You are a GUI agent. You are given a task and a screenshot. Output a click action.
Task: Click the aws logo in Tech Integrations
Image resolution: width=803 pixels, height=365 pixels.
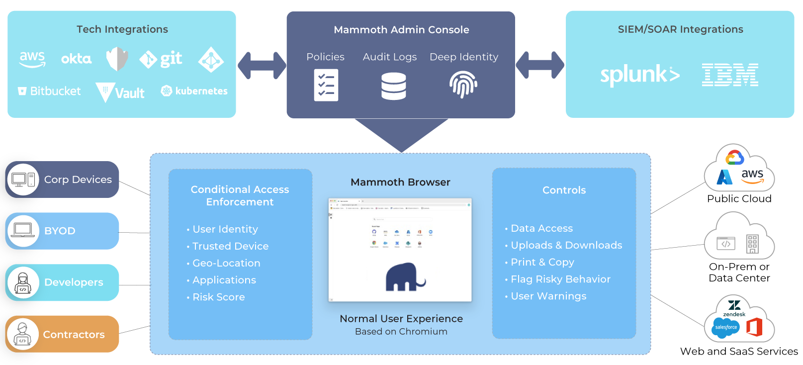(32, 59)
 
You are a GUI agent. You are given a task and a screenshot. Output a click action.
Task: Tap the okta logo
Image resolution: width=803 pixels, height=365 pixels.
(76, 59)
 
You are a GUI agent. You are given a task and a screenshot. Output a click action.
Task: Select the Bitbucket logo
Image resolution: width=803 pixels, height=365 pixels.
(49, 91)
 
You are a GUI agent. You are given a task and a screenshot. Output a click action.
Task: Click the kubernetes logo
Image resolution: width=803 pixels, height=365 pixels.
(194, 91)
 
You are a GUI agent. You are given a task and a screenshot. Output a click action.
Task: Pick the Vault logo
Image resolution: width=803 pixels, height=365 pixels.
(120, 92)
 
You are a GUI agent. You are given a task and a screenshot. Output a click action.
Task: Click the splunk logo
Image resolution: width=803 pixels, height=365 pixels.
(639, 75)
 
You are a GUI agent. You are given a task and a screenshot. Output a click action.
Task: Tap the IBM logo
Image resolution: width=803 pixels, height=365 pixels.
(730, 75)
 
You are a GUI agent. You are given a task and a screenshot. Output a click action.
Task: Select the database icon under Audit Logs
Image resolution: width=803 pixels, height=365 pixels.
(393, 86)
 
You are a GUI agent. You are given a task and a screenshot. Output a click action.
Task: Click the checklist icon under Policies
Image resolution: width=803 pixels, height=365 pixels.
(326, 85)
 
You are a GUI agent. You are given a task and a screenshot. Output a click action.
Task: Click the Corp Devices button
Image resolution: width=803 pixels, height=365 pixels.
(62, 180)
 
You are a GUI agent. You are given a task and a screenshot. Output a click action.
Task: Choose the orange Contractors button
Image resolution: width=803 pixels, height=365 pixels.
(62, 334)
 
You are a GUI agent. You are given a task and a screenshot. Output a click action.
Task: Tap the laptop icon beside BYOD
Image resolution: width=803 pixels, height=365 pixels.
(23, 231)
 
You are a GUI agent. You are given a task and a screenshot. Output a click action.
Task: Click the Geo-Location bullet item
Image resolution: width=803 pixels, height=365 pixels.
(226, 263)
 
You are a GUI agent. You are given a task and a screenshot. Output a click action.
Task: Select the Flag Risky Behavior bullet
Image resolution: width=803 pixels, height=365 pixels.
(560, 279)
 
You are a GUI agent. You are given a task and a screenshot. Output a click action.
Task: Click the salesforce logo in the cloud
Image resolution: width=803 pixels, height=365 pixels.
(725, 328)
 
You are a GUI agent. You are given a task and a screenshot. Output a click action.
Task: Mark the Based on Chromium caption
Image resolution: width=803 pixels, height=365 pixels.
(401, 332)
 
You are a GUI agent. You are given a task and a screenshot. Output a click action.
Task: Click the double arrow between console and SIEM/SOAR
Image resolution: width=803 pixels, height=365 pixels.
(540, 65)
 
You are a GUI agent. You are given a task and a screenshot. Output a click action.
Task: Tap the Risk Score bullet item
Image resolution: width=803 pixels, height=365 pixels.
(218, 297)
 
